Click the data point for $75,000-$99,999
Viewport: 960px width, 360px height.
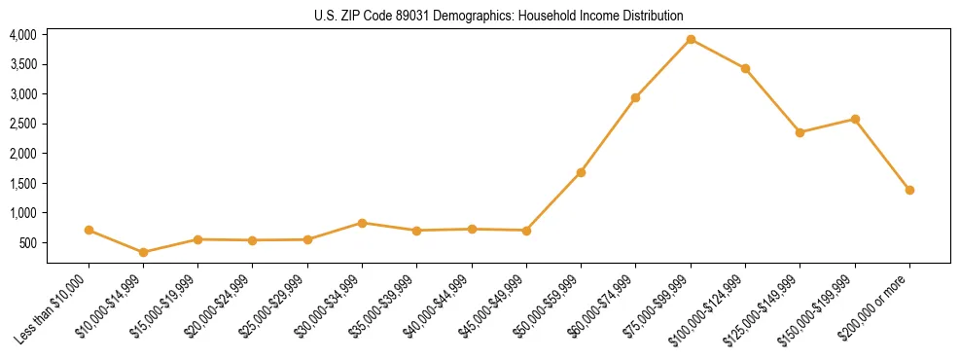tap(691, 40)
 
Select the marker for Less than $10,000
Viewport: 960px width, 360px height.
tap(89, 231)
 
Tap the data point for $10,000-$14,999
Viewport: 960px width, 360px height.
tap(144, 252)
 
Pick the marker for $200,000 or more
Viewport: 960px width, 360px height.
tap(909, 190)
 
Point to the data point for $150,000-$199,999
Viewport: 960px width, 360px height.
tap(855, 119)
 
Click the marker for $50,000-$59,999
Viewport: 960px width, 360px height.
tap(581, 172)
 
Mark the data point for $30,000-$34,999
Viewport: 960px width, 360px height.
tap(362, 223)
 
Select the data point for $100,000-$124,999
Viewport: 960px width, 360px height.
tap(745, 68)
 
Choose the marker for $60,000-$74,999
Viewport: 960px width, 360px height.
tap(635, 97)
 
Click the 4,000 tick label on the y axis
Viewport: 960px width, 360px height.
tap(23, 35)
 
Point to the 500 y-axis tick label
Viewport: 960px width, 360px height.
tap(28, 242)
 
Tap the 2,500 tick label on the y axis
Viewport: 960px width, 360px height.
tap(23, 124)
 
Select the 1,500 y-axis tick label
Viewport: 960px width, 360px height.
tap(23, 183)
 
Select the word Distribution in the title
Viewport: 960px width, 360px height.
tap(653, 17)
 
